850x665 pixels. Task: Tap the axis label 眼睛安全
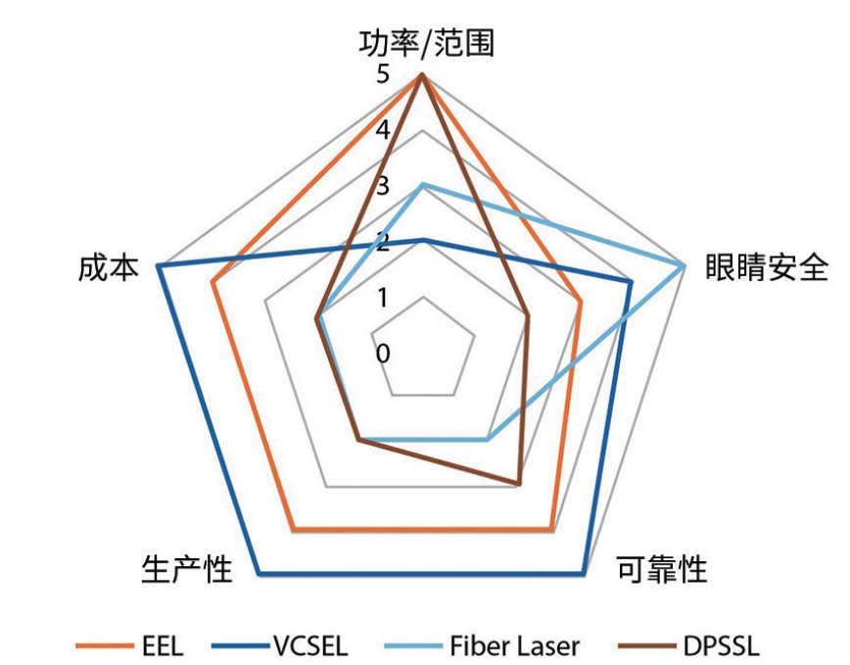(767, 267)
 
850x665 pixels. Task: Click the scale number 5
(381, 75)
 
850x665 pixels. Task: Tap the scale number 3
(381, 186)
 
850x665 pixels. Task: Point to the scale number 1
(381, 297)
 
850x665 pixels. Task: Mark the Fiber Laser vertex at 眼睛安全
(684, 265)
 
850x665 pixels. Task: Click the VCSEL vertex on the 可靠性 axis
(584, 572)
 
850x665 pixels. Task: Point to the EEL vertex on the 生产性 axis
(293, 530)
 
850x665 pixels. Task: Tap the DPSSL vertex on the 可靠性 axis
(519, 484)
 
